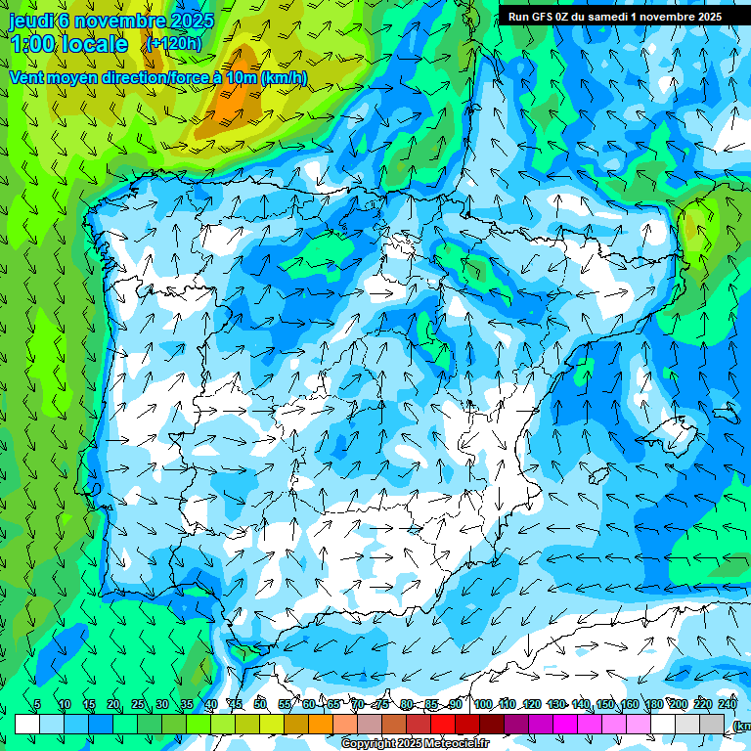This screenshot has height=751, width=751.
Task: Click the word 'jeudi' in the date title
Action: [32, 21]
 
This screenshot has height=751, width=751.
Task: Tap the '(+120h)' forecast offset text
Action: [174, 43]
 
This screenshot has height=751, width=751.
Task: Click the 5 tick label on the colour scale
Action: [37, 704]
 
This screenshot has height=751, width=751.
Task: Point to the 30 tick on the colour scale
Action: [160, 704]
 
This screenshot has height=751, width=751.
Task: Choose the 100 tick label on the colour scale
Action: [482, 704]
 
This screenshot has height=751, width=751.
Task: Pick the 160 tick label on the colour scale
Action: [630, 704]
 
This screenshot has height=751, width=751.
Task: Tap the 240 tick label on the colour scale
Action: [728, 704]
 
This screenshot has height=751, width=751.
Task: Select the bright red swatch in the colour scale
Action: [443, 724]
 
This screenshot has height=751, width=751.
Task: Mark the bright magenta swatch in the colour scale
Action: [565, 724]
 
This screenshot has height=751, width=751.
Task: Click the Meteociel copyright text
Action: [415, 744]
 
